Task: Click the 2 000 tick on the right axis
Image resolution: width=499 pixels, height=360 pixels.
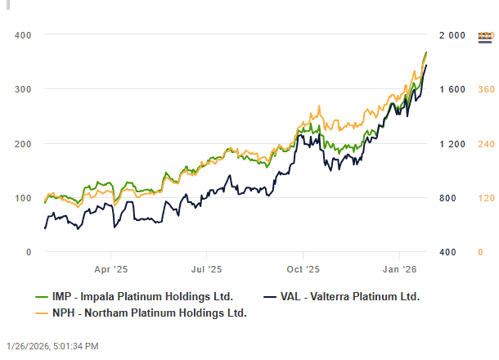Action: coord(452,34)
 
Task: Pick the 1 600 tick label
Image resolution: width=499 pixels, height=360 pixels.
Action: coord(452,88)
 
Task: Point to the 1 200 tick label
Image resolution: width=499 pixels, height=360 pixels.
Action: coord(452,143)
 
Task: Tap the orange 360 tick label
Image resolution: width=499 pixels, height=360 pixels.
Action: coord(486,88)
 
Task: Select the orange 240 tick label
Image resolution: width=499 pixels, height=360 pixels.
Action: coord(486,143)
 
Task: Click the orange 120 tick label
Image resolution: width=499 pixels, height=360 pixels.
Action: coord(486,197)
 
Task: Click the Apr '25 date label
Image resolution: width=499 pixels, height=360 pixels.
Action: coord(110,268)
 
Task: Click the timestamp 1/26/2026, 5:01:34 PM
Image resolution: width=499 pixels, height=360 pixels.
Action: coord(52,347)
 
